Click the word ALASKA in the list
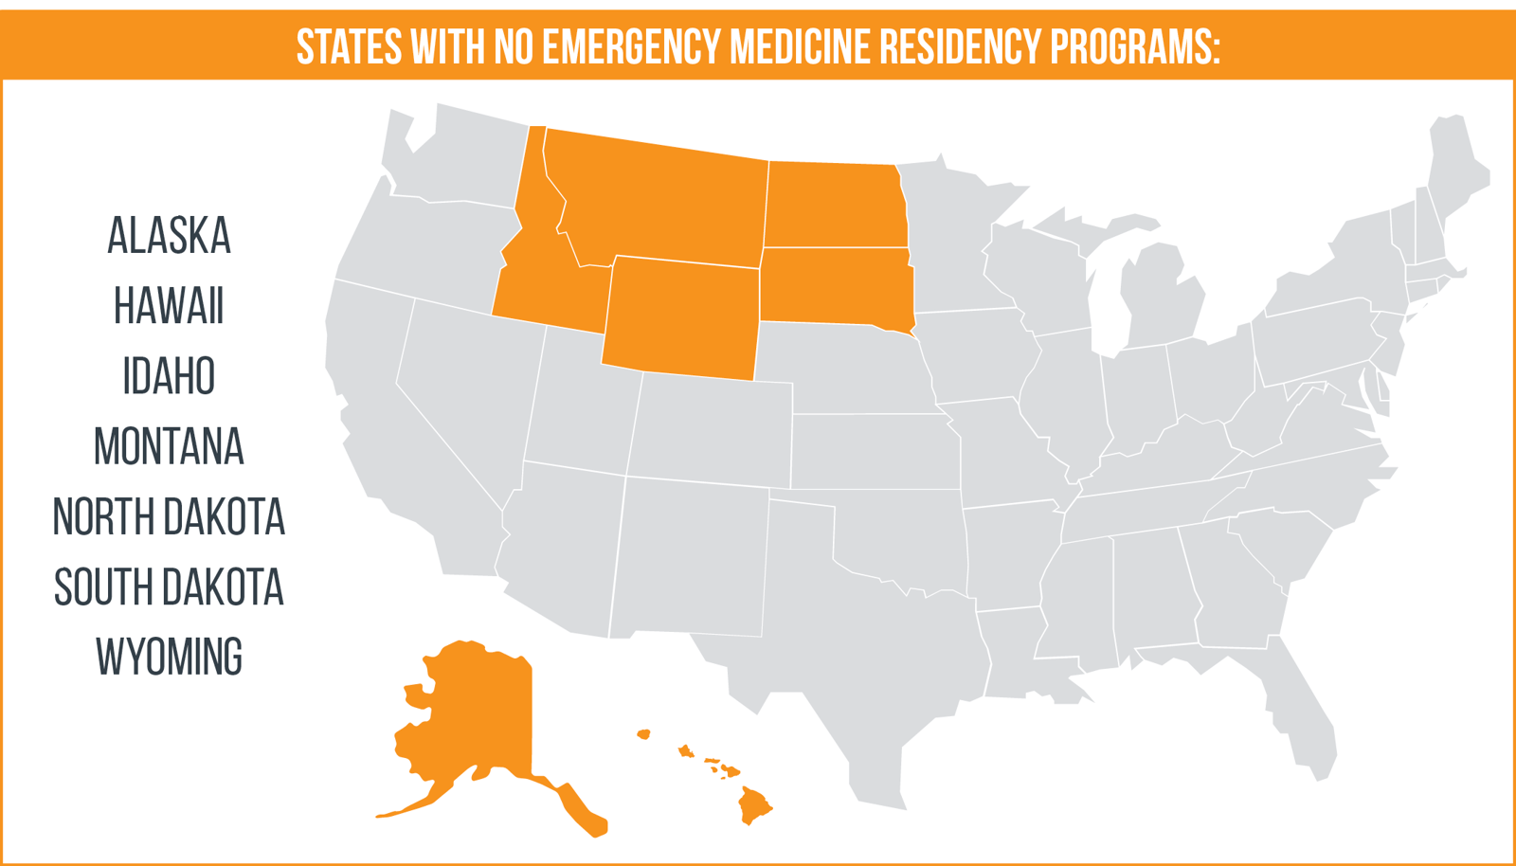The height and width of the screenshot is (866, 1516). [x=169, y=236]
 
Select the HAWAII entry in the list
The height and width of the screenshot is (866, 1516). [x=169, y=306]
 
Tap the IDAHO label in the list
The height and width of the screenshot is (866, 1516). [x=169, y=376]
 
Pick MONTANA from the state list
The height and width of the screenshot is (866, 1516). [x=169, y=446]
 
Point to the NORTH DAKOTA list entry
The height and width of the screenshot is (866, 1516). [x=169, y=516]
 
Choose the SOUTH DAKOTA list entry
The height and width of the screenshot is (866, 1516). [x=169, y=586]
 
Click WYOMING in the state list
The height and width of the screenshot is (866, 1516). [x=169, y=657]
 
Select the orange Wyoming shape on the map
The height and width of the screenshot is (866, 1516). [x=680, y=317]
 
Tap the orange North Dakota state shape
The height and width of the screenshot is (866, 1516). [x=834, y=204]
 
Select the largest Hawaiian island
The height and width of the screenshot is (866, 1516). [x=754, y=805]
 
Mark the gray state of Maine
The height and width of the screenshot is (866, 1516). [x=1454, y=171]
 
